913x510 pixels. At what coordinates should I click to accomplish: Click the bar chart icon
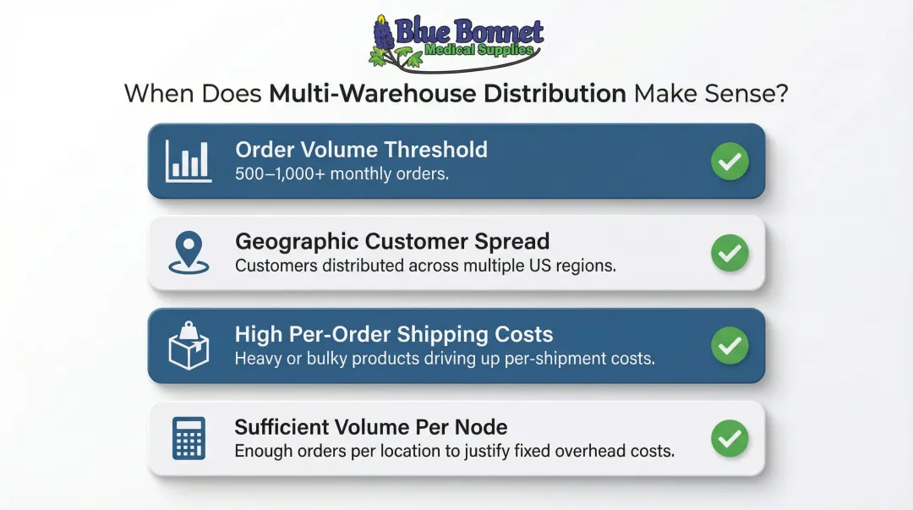pyautogui.click(x=189, y=160)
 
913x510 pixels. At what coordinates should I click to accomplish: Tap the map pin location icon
pyautogui.click(x=189, y=253)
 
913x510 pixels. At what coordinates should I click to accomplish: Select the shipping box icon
pyautogui.click(x=189, y=346)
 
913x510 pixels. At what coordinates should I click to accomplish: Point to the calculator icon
pyautogui.click(x=189, y=438)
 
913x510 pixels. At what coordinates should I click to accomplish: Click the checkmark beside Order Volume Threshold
pyautogui.click(x=729, y=161)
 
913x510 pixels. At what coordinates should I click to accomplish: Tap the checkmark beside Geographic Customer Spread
pyautogui.click(x=729, y=253)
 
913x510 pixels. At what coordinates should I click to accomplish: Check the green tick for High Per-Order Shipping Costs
pyautogui.click(x=729, y=346)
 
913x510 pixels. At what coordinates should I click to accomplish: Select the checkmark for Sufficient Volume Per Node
pyautogui.click(x=729, y=438)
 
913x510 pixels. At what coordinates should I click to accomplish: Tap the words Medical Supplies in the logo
pyautogui.click(x=480, y=51)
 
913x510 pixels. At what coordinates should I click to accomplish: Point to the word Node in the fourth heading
pyautogui.click(x=483, y=426)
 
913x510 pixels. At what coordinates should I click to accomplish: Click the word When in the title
pyautogui.click(x=160, y=93)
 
